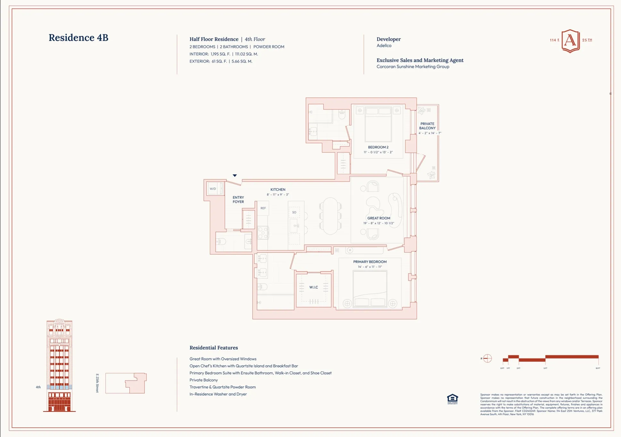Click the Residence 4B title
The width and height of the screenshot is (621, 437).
(x=78, y=37)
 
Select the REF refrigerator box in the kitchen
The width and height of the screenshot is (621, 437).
(x=263, y=208)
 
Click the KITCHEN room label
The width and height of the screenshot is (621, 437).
(x=277, y=190)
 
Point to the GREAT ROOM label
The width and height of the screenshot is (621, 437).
(x=378, y=218)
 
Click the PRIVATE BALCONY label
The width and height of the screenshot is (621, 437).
(x=427, y=126)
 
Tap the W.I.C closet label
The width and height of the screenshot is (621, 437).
(x=313, y=287)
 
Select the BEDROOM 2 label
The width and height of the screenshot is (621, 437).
(x=378, y=147)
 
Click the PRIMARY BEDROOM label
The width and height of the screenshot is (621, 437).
(x=370, y=262)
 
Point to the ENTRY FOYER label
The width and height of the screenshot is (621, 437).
(x=238, y=200)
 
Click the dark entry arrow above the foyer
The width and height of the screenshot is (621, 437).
(x=235, y=176)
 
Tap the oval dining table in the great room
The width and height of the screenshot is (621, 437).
(x=330, y=216)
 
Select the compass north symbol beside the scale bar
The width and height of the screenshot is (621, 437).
(x=487, y=358)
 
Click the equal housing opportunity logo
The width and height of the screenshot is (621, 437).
(x=452, y=399)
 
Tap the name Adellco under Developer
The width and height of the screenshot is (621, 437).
(x=384, y=45)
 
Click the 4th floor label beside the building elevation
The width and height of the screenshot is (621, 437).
(x=38, y=387)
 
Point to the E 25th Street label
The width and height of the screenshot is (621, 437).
(x=97, y=383)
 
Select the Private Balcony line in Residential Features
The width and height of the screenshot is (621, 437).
(x=203, y=380)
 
